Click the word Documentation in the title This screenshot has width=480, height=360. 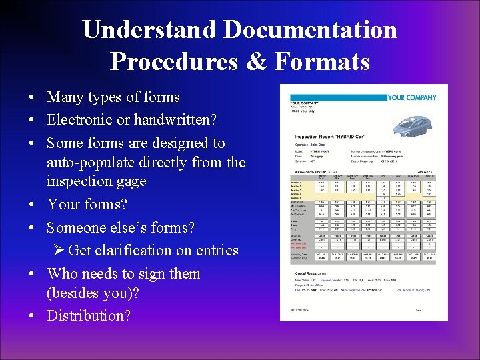click(310, 30)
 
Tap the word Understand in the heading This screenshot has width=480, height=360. click(149, 30)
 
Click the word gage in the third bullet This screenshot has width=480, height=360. click(130, 181)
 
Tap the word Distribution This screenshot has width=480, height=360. click(89, 315)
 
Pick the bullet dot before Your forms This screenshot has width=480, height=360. click(32, 205)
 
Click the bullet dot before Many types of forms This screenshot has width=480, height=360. click(32, 97)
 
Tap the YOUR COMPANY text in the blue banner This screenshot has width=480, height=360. click(412, 97)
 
